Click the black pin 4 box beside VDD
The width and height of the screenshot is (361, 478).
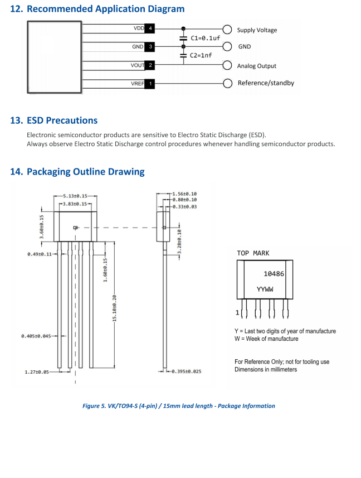(150, 28)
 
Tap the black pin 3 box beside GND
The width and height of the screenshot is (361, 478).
(150, 47)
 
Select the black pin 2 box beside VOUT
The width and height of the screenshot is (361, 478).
(150, 65)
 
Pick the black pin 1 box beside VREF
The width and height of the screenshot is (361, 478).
(150, 84)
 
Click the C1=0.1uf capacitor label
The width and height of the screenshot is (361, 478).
(205, 38)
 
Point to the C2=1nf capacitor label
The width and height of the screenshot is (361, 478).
(201, 55)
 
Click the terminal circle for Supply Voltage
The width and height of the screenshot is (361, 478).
(227, 30)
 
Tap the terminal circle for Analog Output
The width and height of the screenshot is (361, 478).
(227, 65)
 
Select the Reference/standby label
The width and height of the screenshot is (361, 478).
(266, 83)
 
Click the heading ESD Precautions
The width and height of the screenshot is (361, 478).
(62, 120)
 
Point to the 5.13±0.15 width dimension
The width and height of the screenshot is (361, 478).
(75, 196)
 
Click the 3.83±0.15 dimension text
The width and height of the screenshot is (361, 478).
(75, 204)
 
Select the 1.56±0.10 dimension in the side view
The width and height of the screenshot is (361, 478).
(184, 194)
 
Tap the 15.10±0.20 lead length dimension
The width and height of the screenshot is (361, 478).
(114, 308)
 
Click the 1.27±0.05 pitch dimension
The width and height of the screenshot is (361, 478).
(37, 372)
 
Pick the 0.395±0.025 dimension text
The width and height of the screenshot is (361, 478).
(187, 371)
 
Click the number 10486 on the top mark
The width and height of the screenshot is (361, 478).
(274, 274)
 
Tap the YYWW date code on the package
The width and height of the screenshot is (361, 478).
(265, 289)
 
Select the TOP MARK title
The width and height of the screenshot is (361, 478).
(253, 253)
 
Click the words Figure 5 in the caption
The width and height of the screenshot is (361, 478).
(94, 405)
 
